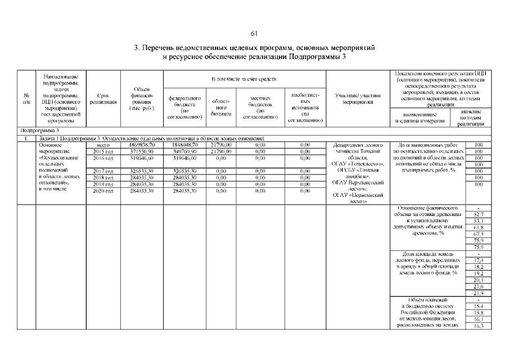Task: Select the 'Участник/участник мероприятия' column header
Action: [x=358, y=99]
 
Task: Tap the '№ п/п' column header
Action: [x=26, y=99]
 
